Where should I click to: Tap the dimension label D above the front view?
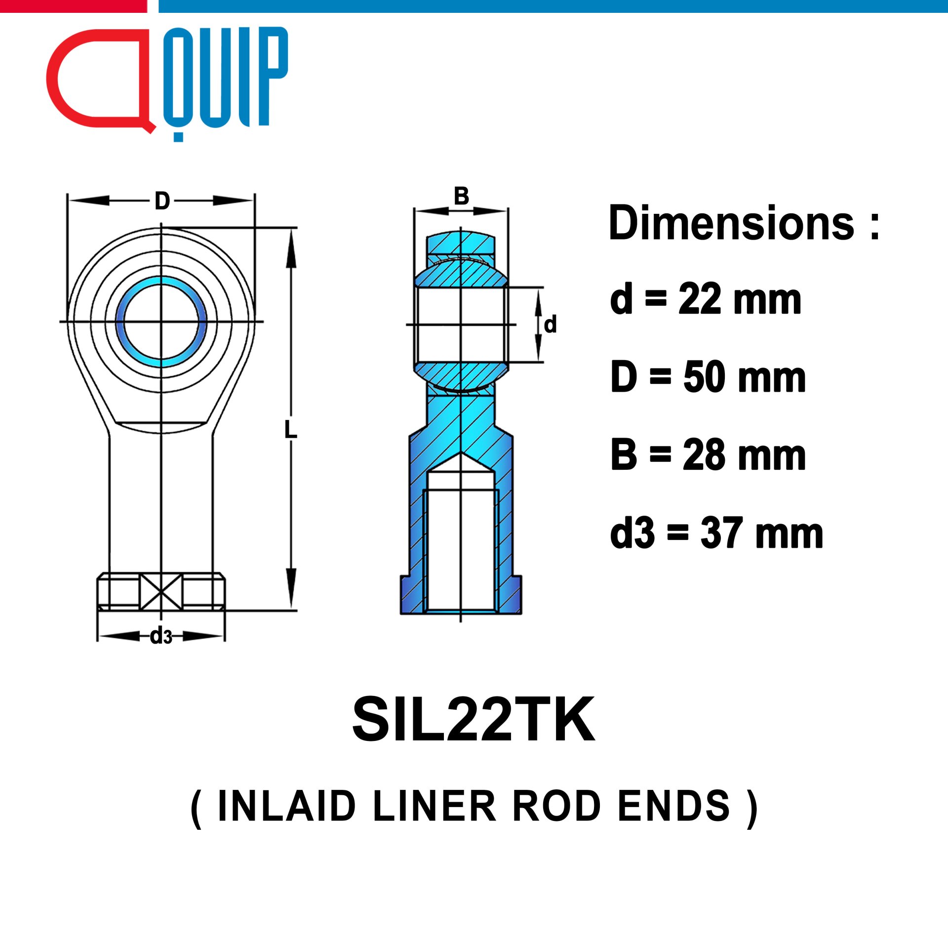(x=162, y=201)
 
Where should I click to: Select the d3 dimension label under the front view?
(x=161, y=636)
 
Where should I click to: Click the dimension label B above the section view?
(x=461, y=196)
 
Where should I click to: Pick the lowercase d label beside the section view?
(x=550, y=325)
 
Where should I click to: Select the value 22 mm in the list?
(x=740, y=299)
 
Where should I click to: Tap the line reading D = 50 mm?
(x=709, y=376)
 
